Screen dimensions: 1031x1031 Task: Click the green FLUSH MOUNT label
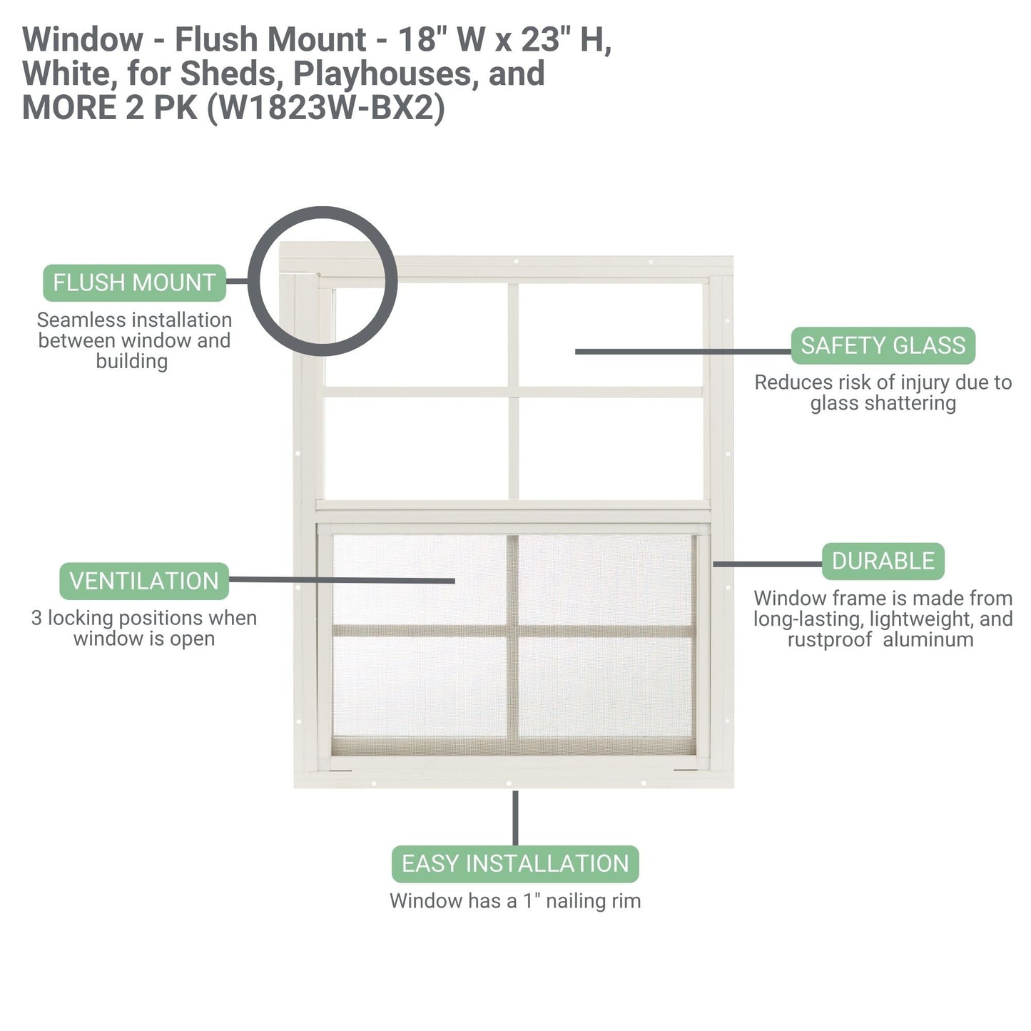[134, 283]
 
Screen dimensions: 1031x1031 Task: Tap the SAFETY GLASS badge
[883, 345]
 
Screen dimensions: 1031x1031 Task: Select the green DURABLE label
[883, 562]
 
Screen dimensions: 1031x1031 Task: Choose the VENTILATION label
[143, 581]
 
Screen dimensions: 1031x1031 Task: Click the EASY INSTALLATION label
[515, 863]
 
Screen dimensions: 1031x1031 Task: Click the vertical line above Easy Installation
[515, 818]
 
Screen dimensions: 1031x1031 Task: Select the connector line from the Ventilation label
[342, 580]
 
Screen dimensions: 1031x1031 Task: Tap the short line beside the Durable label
[767, 564]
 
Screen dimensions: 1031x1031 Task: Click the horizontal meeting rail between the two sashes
[513, 506]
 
